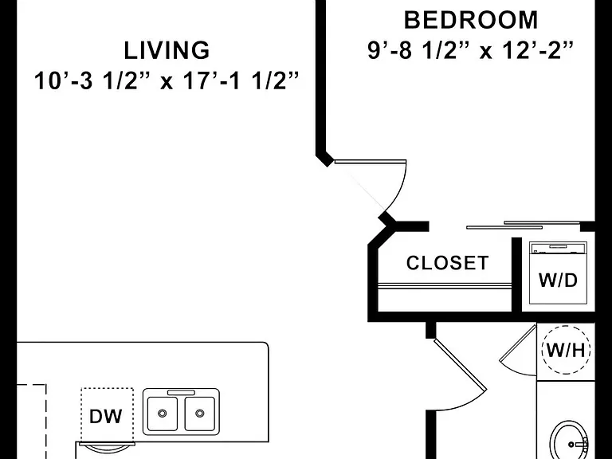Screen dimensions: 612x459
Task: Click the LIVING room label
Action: point(167,51)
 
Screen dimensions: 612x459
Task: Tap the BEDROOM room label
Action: point(471,20)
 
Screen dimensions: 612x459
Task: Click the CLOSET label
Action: point(447,263)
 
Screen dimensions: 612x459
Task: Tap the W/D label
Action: point(558,280)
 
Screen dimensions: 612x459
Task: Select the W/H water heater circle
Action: point(566,350)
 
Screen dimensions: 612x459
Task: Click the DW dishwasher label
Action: point(105,417)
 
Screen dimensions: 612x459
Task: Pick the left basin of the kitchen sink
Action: point(163,414)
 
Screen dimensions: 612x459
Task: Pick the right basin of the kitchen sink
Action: point(199,414)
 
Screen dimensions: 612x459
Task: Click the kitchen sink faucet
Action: point(181,392)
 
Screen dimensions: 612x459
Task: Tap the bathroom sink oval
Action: point(571,440)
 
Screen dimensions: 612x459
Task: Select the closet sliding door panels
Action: point(523,226)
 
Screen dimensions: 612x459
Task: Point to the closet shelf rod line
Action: point(445,286)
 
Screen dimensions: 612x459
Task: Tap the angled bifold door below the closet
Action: point(461,365)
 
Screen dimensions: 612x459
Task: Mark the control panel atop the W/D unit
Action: point(558,249)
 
